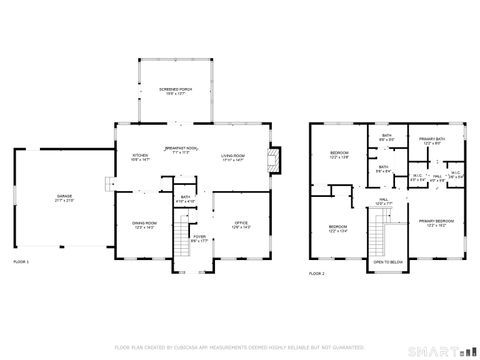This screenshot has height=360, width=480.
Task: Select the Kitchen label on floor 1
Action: pos(141,157)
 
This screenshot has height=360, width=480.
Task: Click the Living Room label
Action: pos(233,157)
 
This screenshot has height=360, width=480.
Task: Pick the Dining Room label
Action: pos(144,224)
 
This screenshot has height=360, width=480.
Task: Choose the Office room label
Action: pos(241,224)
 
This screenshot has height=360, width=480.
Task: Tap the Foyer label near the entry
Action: pos(199,239)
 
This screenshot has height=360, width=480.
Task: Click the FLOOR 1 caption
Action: pos(20,261)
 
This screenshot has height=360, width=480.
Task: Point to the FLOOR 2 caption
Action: pos(317,273)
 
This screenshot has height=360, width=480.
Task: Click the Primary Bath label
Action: pos(433,141)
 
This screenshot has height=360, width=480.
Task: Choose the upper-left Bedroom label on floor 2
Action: pos(339,155)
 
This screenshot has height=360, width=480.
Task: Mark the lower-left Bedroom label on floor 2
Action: pos(339,228)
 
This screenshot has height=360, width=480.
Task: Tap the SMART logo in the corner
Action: pos(441,349)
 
